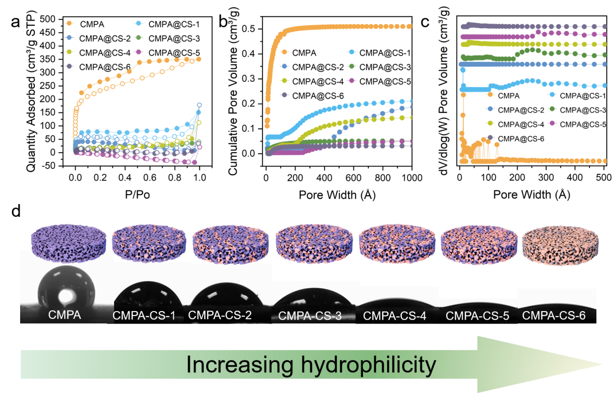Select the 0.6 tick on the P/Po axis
click(x=150, y=177)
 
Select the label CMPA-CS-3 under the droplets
click(x=310, y=316)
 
